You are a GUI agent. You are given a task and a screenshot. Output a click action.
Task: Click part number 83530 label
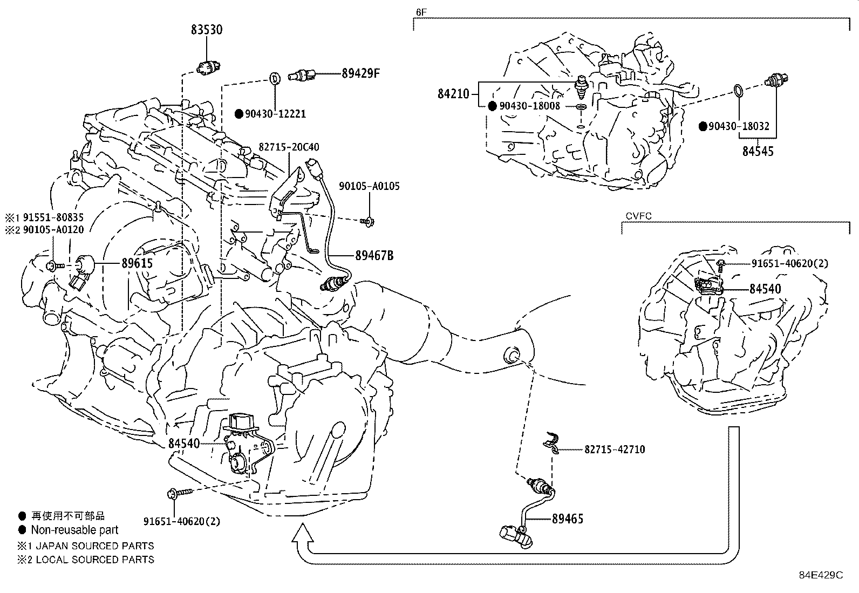click(x=206, y=30)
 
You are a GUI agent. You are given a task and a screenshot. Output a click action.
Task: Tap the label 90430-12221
click(x=275, y=114)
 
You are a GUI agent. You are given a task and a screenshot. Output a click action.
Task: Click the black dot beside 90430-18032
click(x=703, y=126)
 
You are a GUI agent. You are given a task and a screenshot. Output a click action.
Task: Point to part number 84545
click(x=758, y=152)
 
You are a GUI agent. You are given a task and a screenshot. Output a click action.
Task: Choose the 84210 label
click(x=454, y=94)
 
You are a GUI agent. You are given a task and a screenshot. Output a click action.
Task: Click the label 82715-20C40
click(x=288, y=147)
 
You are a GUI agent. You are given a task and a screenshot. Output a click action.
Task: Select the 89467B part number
click(x=374, y=255)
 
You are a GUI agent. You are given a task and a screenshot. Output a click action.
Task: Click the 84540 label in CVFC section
click(x=765, y=289)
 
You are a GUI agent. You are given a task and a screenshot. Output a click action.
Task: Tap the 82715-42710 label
click(x=614, y=449)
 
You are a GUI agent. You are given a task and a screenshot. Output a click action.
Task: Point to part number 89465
click(x=567, y=519)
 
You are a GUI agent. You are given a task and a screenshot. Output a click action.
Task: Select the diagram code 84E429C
click(x=820, y=575)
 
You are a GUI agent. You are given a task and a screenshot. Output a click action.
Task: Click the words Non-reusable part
click(x=74, y=530)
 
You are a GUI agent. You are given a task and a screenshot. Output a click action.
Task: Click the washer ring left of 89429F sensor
click(x=274, y=77)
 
